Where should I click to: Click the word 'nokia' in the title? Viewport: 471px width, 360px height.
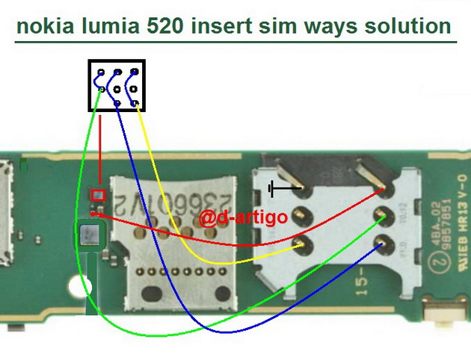(46, 28)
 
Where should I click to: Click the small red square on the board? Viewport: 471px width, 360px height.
(97, 196)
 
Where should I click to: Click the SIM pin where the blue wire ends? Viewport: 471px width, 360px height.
(383, 242)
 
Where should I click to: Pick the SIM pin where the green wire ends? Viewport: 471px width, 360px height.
(383, 216)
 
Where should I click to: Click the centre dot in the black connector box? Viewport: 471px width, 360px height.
(117, 89)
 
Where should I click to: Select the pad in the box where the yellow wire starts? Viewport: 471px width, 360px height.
(133, 72)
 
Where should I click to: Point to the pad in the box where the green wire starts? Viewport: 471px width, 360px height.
(101, 90)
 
